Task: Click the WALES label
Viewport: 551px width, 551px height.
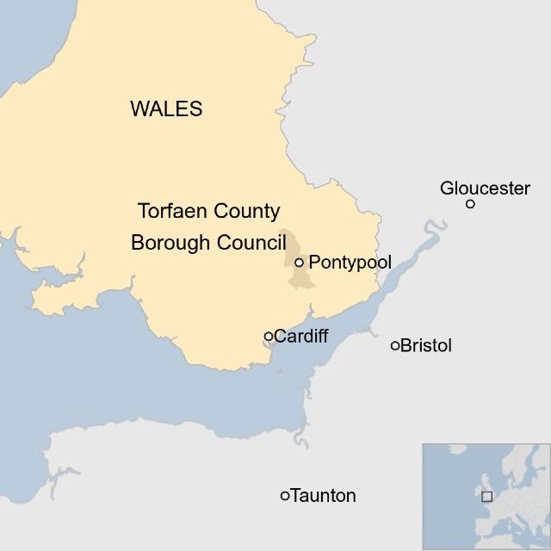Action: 166,109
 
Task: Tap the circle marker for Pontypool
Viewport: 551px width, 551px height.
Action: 299,263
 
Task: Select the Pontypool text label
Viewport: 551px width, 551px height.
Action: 350,262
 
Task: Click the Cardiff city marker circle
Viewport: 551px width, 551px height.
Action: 269,336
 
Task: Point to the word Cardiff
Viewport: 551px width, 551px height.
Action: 301,336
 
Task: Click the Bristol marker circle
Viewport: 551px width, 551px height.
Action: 395,346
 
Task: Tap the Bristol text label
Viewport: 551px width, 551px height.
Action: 426,346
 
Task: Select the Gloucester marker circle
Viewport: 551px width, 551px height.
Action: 470,204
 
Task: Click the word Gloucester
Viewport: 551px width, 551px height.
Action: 485,188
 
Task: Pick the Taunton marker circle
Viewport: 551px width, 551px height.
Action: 285,496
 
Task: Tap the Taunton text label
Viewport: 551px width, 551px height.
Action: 324,496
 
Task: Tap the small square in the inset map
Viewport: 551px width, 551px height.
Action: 486,496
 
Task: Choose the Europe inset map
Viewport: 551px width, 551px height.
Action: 486,497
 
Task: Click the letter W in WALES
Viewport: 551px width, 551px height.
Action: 139,109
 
